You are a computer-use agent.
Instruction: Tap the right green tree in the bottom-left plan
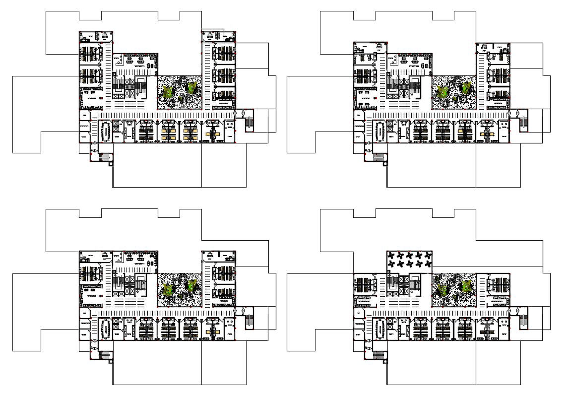[191, 285]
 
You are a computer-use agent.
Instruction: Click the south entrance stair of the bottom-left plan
[104, 355]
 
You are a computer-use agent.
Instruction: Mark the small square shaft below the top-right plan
[385, 164]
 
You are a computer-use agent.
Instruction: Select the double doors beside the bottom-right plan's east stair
[517, 311]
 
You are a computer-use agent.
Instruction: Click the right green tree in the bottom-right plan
[466, 286]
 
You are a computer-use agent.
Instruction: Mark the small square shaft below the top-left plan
[111, 164]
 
